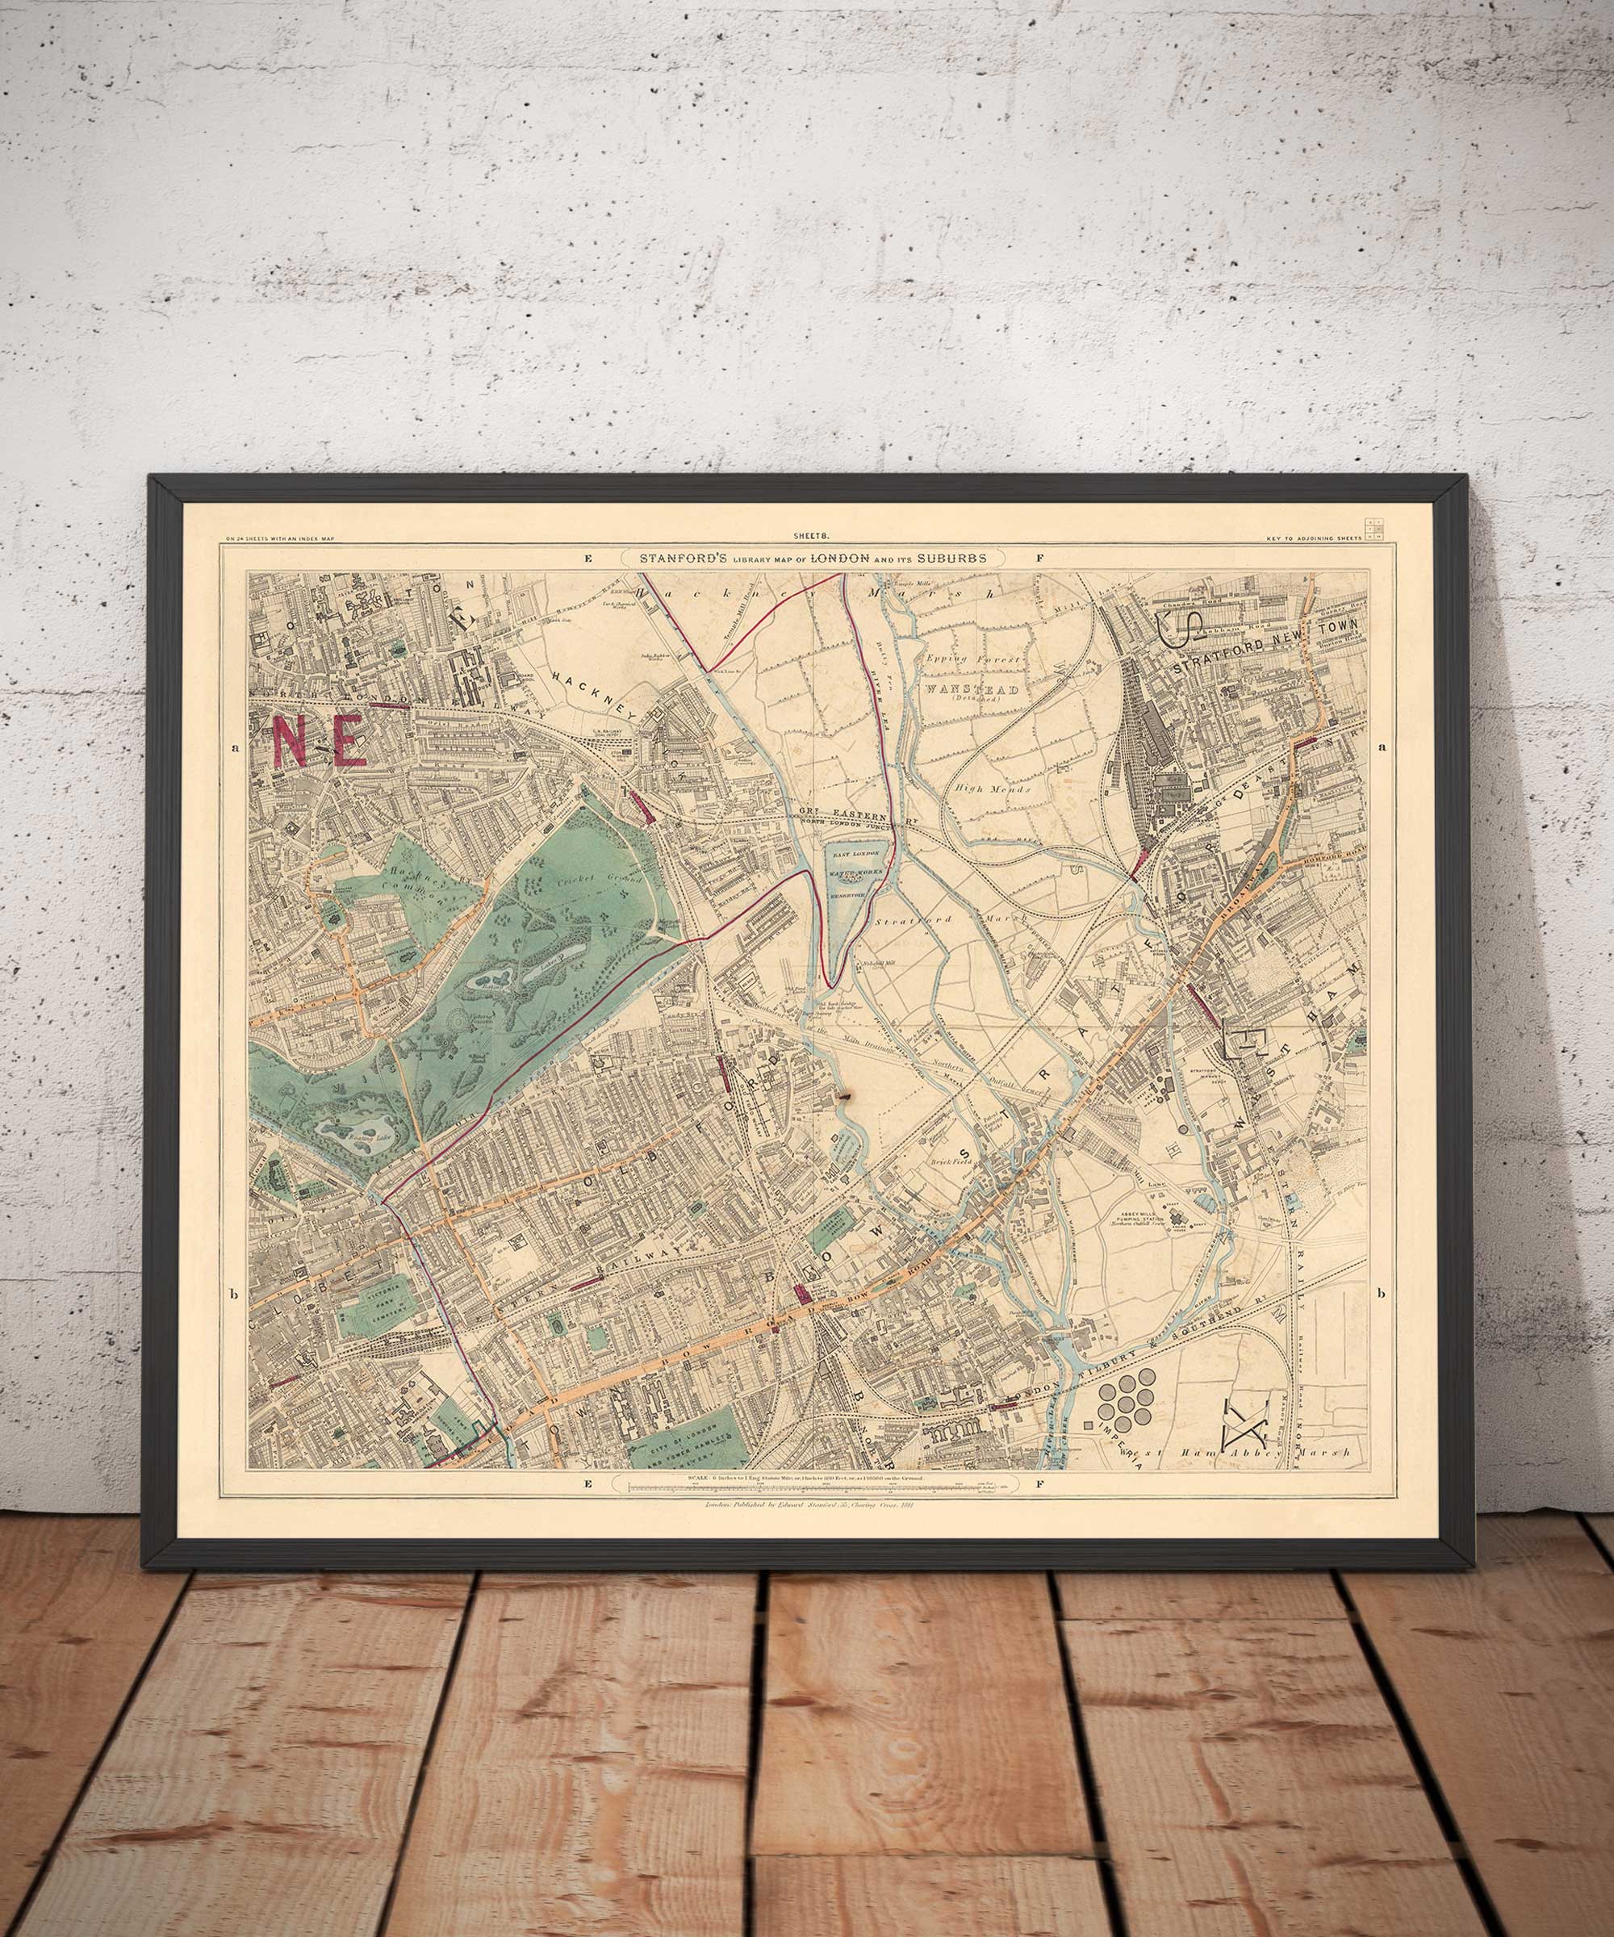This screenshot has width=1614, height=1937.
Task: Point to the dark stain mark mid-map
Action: (844, 1097)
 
